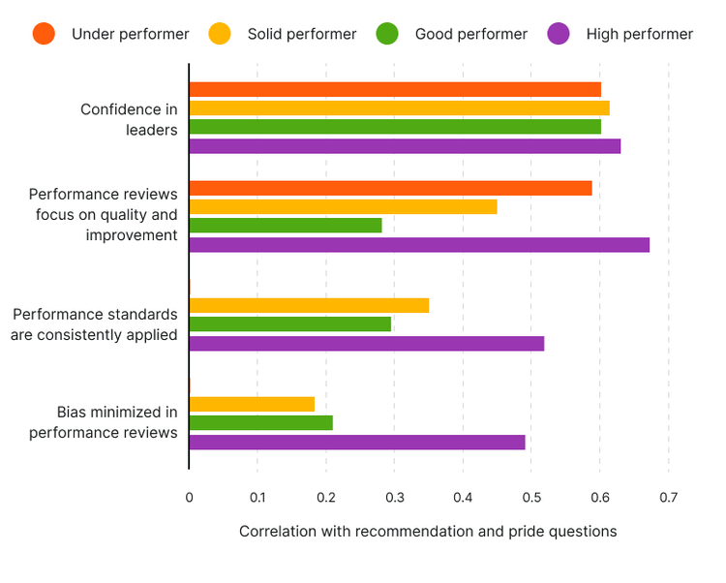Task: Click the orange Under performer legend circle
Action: tap(44, 34)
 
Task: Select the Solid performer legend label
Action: tap(302, 34)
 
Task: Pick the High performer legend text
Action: tap(640, 34)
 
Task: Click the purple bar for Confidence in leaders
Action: tap(405, 146)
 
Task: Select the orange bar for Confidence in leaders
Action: tap(395, 89)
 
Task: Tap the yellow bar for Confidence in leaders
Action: tap(399, 107)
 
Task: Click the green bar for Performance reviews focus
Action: tap(286, 226)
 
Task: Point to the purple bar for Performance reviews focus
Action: tap(419, 245)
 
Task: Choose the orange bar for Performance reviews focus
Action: tap(390, 188)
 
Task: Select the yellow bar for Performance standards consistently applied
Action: tap(309, 305)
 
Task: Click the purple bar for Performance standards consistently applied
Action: tap(367, 343)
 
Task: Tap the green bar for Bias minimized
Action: tap(261, 422)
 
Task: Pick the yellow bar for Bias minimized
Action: tap(252, 404)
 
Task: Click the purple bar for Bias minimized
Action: tap(357, 442)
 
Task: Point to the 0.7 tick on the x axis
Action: tap(668, 498)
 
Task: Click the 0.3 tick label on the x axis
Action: tap(394, 498)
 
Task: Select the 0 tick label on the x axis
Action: tap(189, 498)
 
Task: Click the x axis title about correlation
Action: tap(427, 532)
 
